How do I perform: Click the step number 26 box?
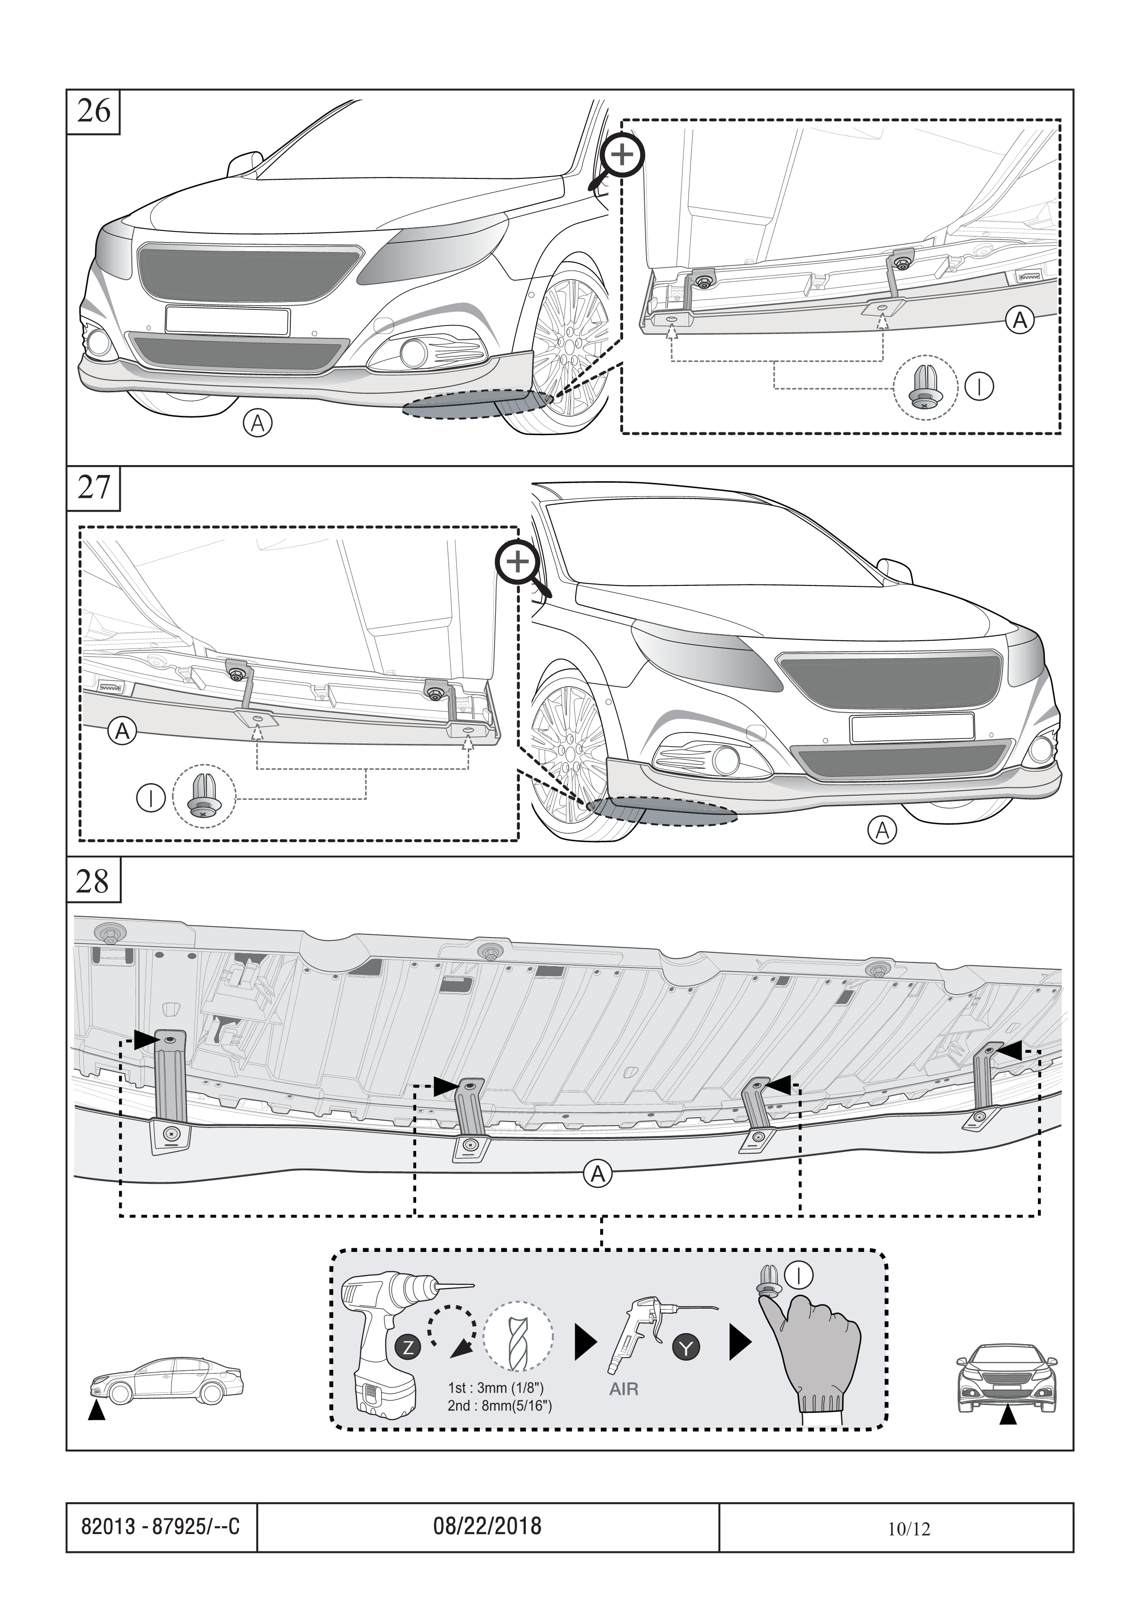(x=94, y=111)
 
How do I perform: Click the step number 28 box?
(x=94, y=880)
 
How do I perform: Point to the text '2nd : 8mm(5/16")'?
(x=499, y=1406)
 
